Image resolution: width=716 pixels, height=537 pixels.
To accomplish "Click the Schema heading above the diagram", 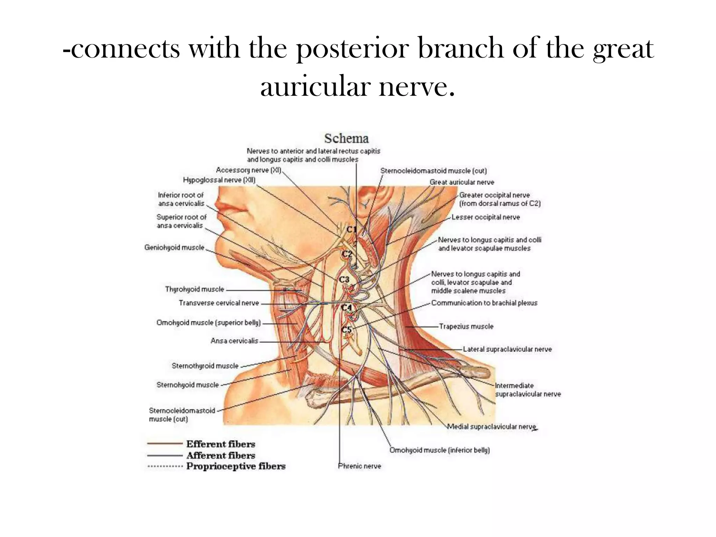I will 346,138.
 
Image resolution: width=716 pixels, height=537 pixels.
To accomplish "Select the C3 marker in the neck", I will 344,279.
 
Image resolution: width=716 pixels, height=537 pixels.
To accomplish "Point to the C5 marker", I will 346,329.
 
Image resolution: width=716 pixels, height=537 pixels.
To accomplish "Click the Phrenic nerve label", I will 359,466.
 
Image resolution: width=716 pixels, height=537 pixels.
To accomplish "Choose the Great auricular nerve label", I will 462,182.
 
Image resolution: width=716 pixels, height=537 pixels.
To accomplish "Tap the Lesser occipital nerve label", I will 486,217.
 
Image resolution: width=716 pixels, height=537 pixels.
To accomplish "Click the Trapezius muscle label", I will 466,326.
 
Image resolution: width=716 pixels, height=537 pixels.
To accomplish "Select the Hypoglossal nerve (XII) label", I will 219,180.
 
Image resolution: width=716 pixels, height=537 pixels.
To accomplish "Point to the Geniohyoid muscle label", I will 174,248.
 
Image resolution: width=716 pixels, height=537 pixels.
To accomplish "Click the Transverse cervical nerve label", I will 219,303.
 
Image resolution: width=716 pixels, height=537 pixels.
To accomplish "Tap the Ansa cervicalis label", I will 234,341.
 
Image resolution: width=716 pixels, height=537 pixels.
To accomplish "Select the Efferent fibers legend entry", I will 221,444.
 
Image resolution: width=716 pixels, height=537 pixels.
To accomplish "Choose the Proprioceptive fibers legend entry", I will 236,466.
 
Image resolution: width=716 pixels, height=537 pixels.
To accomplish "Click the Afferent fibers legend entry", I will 221,455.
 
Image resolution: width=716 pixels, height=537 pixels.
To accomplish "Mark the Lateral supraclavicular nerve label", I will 507,349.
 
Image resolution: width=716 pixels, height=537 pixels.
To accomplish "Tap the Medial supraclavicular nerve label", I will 492,427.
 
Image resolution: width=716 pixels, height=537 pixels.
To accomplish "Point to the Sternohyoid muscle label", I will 187,385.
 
